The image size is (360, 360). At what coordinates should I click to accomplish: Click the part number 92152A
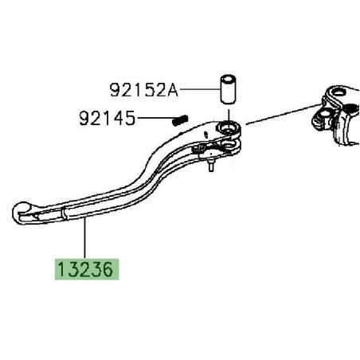(143, 90)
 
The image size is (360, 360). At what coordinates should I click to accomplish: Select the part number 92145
(108, 118)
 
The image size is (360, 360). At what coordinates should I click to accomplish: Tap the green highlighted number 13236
(87, 269)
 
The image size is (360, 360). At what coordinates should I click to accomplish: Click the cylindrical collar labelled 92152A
(228, 89)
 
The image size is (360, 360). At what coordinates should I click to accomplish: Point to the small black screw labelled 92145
(180, 120)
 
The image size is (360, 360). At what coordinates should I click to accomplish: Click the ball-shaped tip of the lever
(22, 213)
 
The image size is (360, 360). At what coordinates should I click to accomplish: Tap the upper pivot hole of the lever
(229, 127)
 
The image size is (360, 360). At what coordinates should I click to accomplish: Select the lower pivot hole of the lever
(230, 144)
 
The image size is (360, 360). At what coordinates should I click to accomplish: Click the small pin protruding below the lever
(211, 166)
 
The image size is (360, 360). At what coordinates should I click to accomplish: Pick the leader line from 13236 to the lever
(85, 238)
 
